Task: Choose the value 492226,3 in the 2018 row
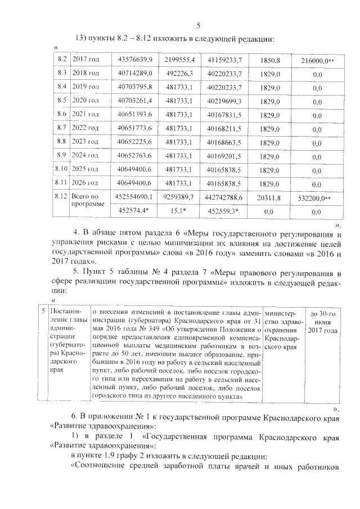coord(179,73)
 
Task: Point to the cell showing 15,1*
coord(179,211)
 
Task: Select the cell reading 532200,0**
coord(318,197)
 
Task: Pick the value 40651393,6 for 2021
coord(136,114)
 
